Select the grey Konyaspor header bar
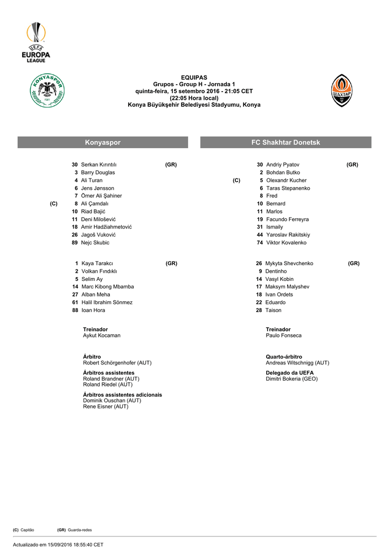point(102,142)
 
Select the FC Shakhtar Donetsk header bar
point(285,142)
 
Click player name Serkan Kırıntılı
point(99,164)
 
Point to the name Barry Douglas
point(97,172)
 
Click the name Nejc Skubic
point(95,243)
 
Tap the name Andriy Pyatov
point(282,164)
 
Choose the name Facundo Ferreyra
point(287,219)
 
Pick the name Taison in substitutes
point(273,310)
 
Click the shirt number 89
point(75,243)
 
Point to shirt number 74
point(260,243)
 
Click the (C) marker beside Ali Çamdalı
point(53,204)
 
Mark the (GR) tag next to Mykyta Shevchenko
point(353,264)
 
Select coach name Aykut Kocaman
point(101,335)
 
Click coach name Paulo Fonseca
point(283,335)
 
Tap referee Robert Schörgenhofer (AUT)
point(117,363)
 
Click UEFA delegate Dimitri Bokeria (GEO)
point(291,379)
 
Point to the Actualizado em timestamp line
point(58,544)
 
